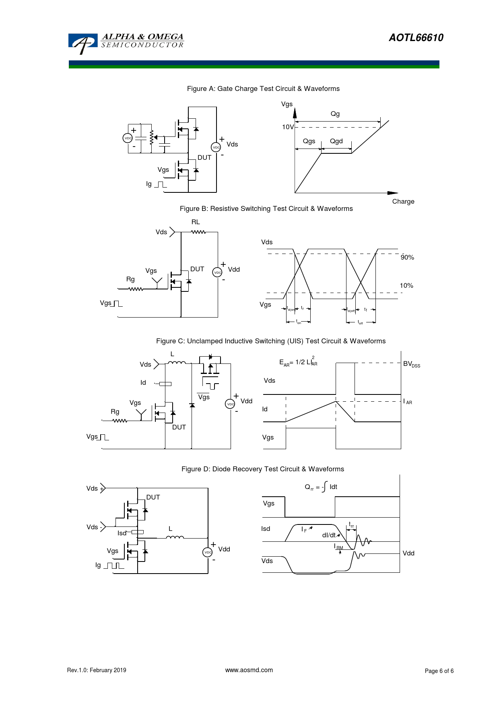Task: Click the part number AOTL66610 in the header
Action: tap(416, 38)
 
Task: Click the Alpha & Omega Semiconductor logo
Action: tap(126, 43)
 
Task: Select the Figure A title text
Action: tap(263, 89)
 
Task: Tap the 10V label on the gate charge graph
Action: tap(288, 127)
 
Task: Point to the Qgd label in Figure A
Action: tap(336, 141)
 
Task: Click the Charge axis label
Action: tap(403, 202)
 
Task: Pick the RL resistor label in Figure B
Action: tap(196, 222)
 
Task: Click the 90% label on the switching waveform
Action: tap(407, 258)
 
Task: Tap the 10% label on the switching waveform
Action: tap(406, 286)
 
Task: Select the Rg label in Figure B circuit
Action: tap(130, 279)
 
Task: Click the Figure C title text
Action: tap(270, 341)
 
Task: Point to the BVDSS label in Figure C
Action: tap(411, 364)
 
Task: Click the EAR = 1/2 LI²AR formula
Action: tap(298, 362)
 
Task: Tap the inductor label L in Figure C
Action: tap(172, 354)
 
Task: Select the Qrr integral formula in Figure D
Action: tap(321, 487)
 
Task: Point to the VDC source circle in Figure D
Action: tap(207, 552)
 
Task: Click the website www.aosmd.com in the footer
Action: tap(249, 670)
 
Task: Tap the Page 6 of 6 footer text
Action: tap(439, 671)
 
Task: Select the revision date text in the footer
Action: tap(97, 670)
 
